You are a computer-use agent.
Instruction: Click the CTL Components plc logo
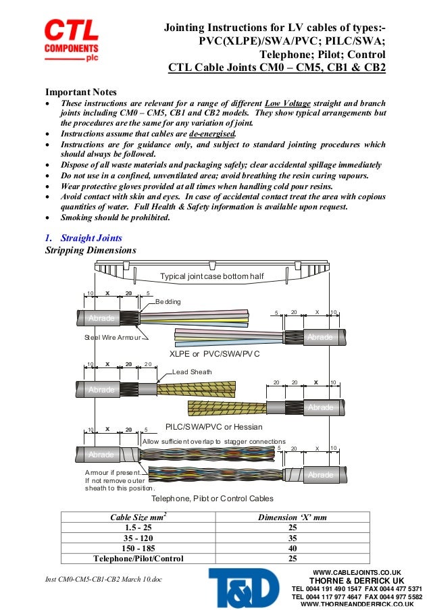(x=72, y=41)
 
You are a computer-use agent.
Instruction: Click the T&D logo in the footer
(x=243, y=587)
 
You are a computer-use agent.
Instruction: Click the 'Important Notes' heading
(x=80, y=92)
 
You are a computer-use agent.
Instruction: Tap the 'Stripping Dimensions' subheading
(x=91, y=251)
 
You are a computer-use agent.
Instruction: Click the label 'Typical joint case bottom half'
(x=211, y=276)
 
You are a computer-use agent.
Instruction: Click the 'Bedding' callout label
(x=168, y=301)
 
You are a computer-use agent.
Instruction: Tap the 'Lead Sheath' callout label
(x=192, y=372)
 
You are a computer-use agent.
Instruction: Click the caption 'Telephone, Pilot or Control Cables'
(x=212, y=498)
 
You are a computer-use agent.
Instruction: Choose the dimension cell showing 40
(x=293, y=548)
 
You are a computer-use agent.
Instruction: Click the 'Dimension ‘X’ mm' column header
(x=293, y=517)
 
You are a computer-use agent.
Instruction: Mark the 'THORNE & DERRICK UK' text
(x=357, y=580)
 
